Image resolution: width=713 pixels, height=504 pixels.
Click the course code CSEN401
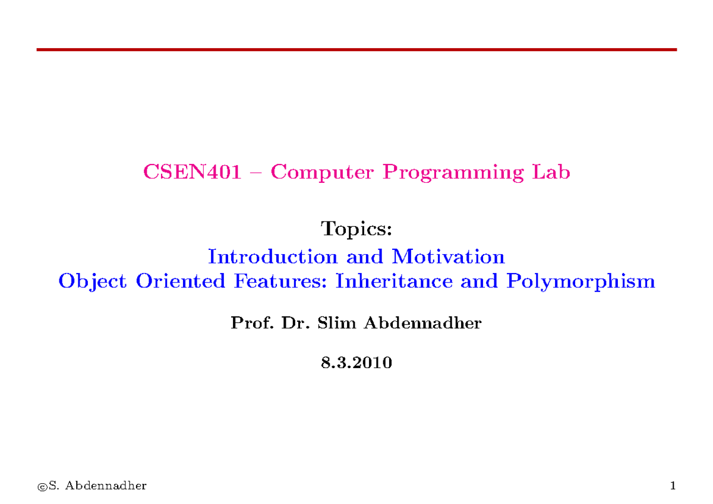coord(192,173)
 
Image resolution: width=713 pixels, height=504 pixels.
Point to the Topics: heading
coord(356,229)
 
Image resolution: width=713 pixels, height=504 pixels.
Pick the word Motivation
coord(448,257)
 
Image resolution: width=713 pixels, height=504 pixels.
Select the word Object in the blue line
coord(92,281)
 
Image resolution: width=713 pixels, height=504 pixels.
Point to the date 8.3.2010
coord(356,363)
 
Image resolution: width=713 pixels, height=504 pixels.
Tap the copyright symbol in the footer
coord(42,487)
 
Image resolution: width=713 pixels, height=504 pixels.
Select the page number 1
coord(673,486)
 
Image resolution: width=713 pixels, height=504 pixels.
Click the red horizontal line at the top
coord(356,50)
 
